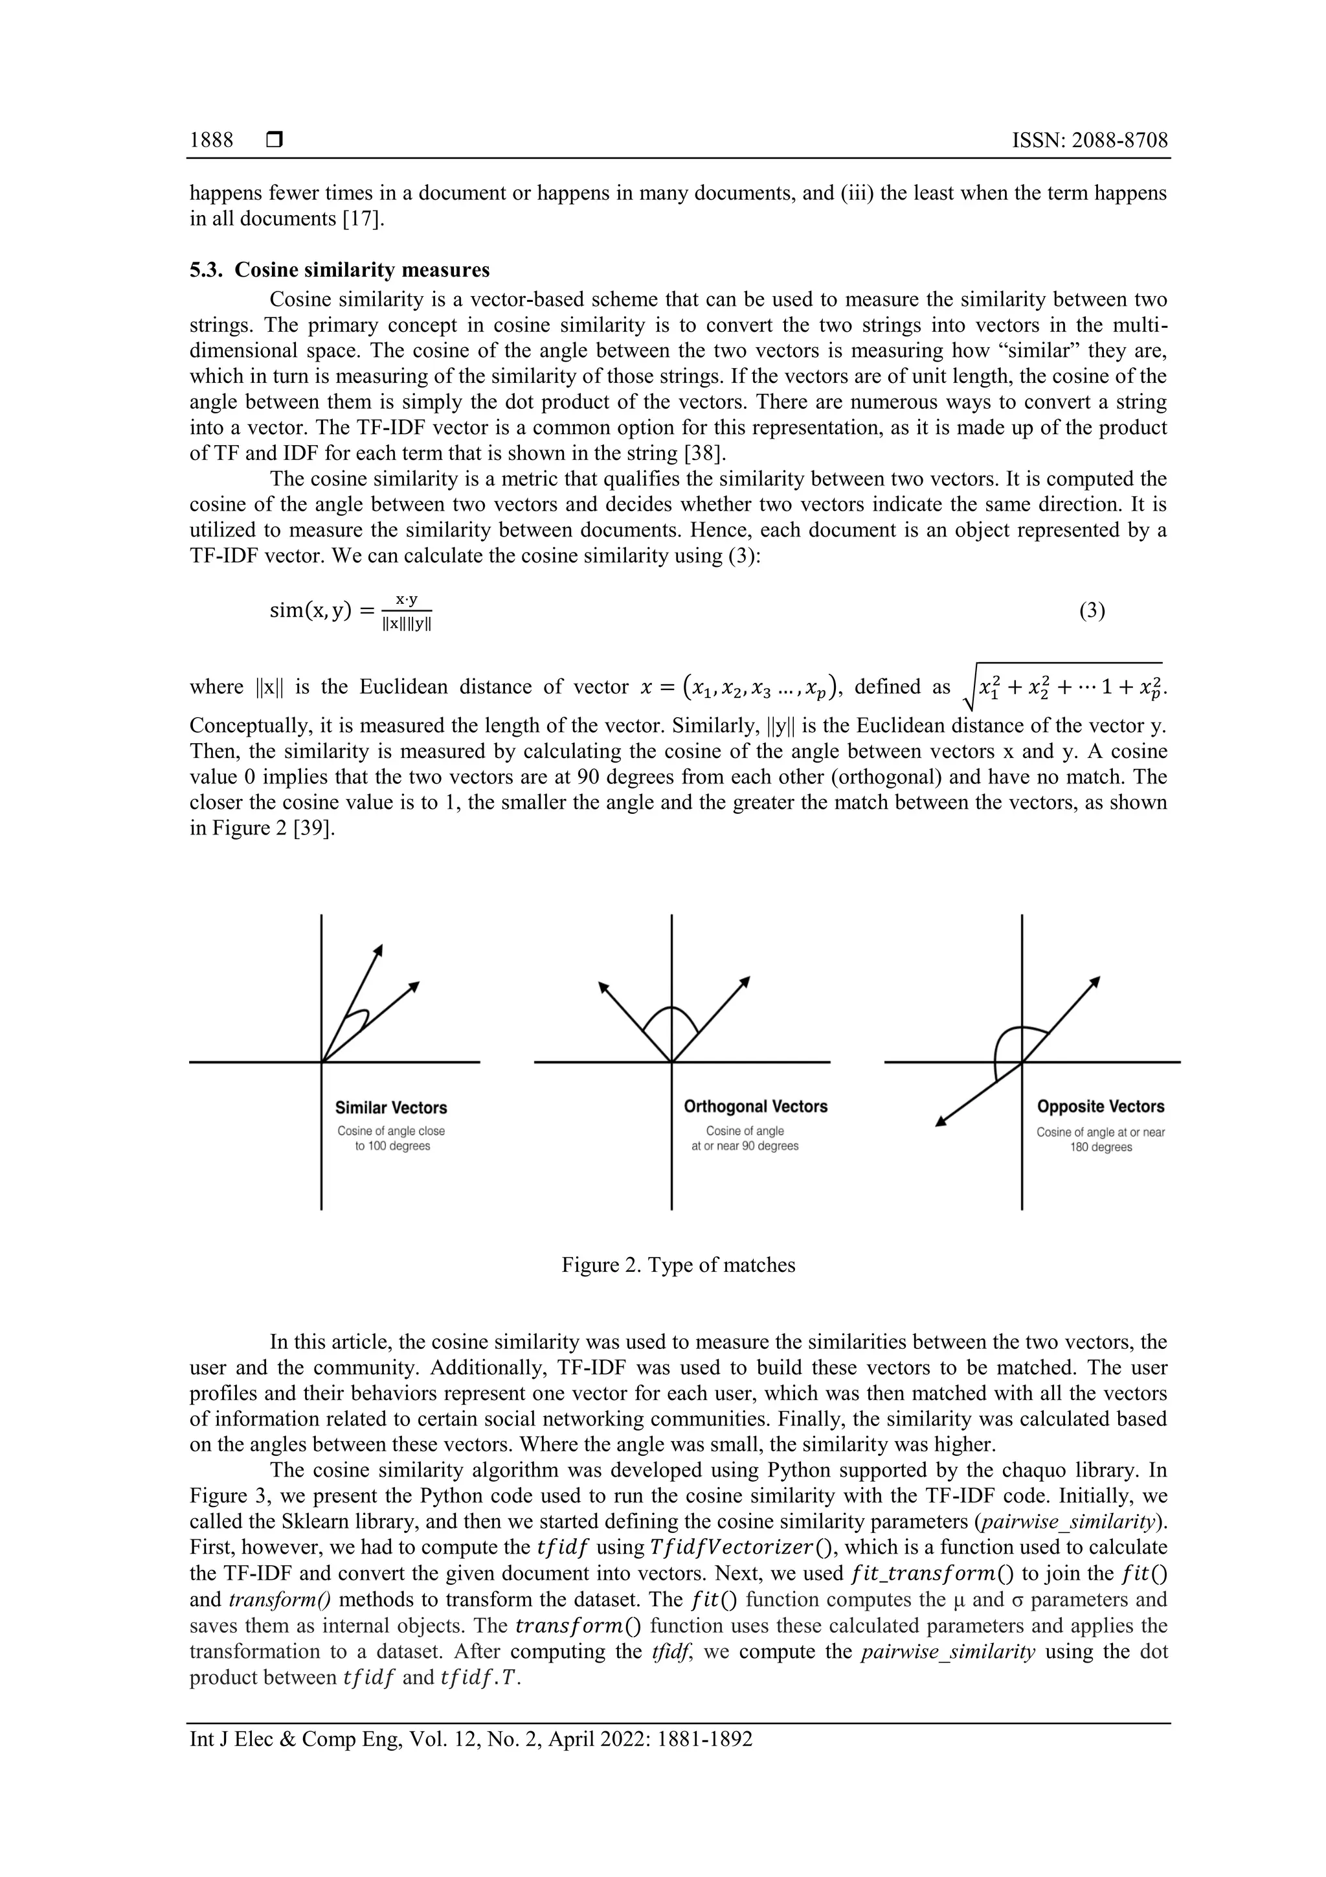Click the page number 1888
212,141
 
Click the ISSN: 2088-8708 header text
1090,141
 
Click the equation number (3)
1092,611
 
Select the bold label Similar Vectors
391,1108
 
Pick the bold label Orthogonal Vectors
756,1106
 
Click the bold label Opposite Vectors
1101,1106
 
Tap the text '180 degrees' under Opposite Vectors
1101,1147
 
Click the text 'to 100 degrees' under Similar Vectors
392,1146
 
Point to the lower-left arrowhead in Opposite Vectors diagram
940,1122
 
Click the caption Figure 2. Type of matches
678,1265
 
